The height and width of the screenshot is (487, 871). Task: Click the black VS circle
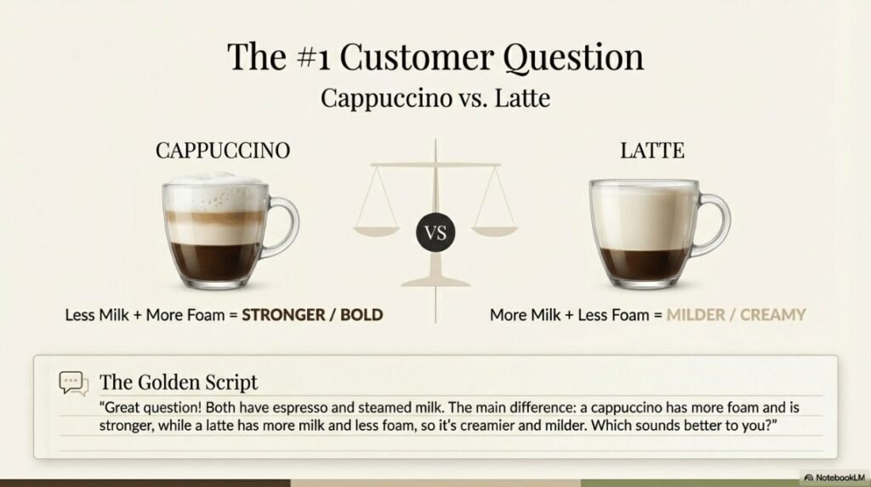[x=435, y=232]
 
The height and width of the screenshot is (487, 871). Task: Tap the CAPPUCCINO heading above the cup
[x=223, y=151]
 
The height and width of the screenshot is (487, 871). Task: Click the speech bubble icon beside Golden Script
[x=73, y=383]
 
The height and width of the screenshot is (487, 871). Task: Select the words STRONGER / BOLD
[x=312, y=315]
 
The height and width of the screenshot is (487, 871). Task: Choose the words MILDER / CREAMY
[x=736, y=315]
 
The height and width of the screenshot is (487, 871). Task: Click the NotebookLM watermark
[x=834, y=478]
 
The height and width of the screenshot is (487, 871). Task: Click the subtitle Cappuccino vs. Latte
[x=435, y=98]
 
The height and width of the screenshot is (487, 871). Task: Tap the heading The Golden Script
[x=179, y=381]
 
